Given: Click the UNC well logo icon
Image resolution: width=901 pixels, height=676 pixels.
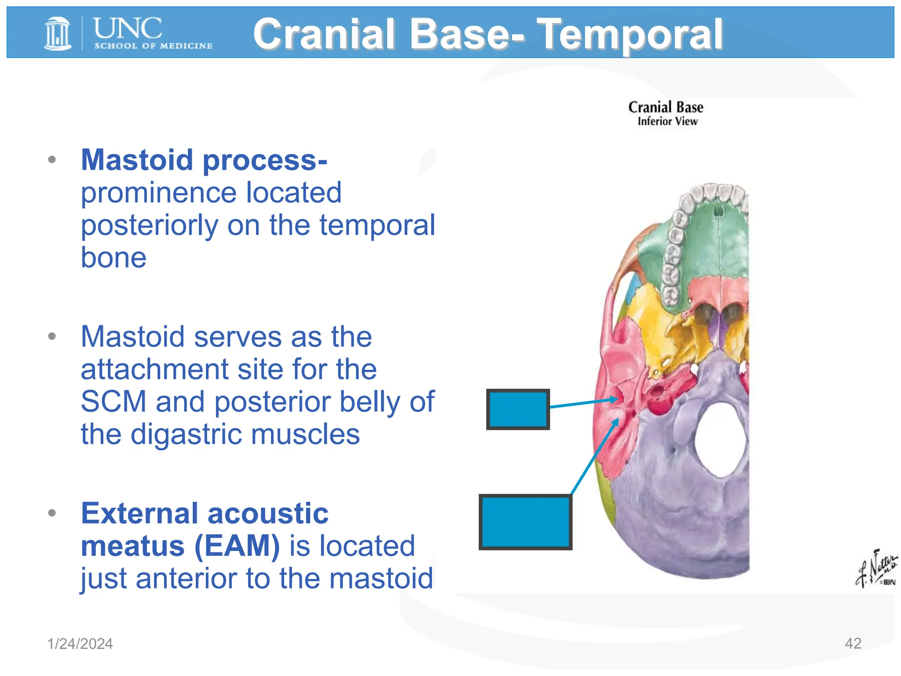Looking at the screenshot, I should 58,33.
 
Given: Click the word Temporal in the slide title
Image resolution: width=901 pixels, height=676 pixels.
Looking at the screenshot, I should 630,34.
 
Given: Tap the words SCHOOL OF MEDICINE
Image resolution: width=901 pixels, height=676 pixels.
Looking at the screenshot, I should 153,46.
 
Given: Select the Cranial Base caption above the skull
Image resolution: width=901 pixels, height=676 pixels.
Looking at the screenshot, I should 665,107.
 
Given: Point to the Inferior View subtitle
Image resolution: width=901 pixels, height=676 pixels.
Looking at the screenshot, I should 667,121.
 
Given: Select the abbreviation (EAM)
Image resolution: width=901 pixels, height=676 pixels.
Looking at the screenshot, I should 237,546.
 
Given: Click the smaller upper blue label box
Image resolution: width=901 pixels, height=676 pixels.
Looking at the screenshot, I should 518,409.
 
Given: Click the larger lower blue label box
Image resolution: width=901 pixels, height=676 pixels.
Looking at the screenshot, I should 525,522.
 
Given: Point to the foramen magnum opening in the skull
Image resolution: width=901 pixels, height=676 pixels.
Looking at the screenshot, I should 722,440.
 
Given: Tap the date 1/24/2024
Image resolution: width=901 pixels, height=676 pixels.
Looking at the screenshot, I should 80,643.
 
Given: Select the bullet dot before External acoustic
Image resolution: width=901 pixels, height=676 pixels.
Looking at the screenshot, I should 52,513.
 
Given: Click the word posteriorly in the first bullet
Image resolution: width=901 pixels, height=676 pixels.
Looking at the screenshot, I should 150,225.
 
